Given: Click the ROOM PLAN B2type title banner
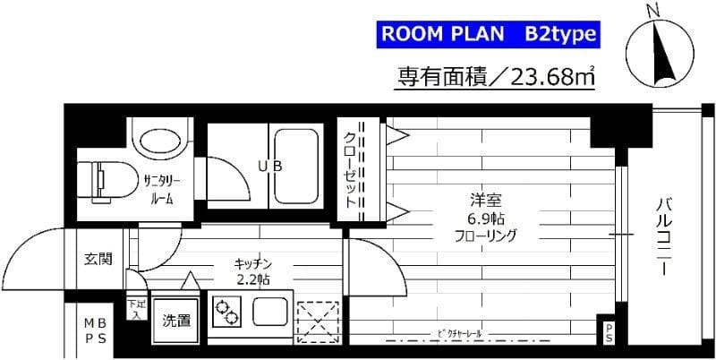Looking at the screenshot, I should click(x=486, y=35).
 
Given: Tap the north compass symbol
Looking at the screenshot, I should click(x=660, y=48).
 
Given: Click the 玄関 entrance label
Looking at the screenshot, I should click(x=98, y=260).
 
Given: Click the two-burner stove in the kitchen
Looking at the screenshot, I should click(x=227, y=313).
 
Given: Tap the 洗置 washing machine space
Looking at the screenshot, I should click(x=176, y=319).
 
